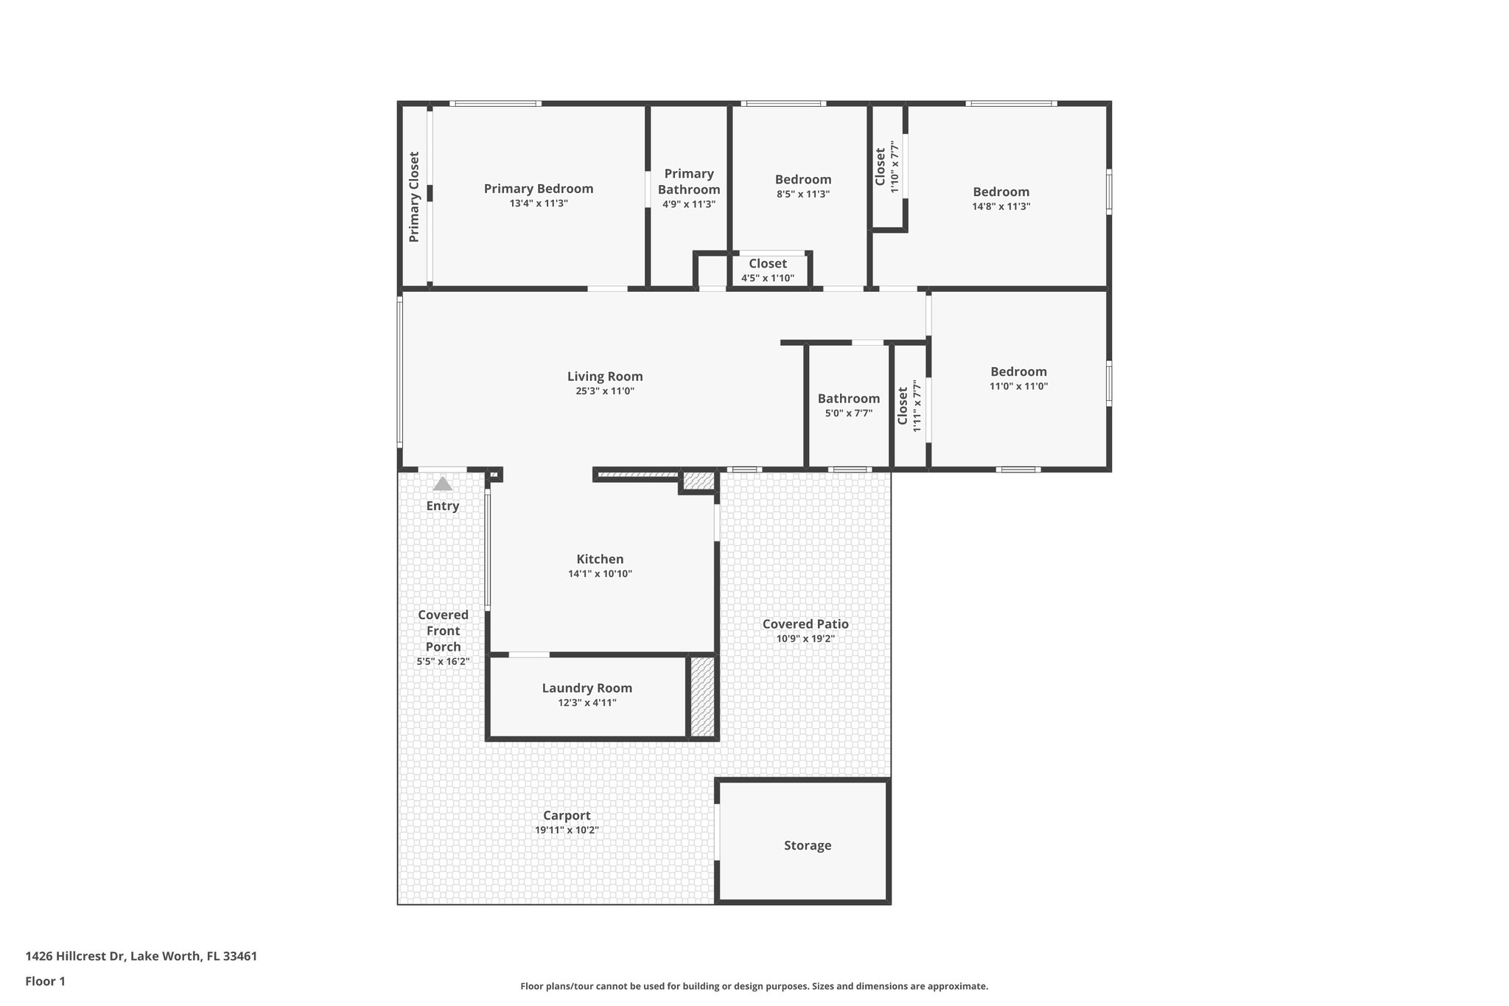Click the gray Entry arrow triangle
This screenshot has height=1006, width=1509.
tap(442, 484)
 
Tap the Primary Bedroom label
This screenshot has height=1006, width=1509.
tap(538, 189)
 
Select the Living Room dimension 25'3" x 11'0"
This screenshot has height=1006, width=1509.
tap(605, 391)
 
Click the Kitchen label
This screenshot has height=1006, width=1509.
tap(600, 559)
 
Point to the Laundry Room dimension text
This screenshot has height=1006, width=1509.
tap(587, 703)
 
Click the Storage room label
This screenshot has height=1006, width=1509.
tap(807, 845)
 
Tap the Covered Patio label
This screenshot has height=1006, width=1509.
tap(805, 624)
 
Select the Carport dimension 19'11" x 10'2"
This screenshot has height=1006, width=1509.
tap(567, 830)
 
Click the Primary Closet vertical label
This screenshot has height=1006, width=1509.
tap(414, 197)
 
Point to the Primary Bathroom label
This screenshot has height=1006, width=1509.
tap(689, 181)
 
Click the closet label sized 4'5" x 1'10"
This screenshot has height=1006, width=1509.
tap(768, 264)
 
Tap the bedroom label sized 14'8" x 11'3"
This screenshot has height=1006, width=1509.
tap(1001, 192)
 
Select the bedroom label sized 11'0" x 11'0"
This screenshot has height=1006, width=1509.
tap(1018, 372)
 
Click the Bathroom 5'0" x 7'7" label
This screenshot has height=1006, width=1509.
tap(849, 399)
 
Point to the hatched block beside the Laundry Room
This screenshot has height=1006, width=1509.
tap(702, 696)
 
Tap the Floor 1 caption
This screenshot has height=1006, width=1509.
tap(45, 981)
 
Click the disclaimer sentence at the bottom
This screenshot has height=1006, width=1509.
tap(754, 986)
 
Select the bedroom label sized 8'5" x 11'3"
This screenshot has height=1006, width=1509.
tap(803, 180)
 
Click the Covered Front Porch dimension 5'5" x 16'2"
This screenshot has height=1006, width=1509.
tap(443, 662)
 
